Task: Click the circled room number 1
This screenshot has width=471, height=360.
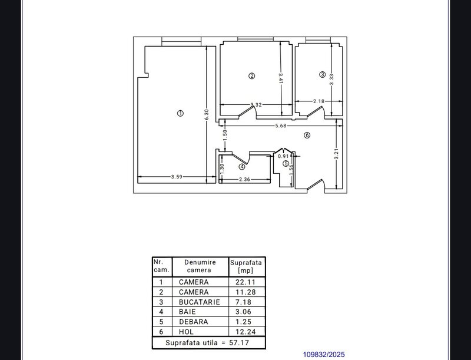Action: [180, 113]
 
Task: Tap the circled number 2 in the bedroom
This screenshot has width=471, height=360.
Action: [251, 75]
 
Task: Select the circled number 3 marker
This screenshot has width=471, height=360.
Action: [322, 74]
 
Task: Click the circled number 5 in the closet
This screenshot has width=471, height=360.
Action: [286, 164]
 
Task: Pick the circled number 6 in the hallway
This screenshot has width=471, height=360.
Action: [307, 135]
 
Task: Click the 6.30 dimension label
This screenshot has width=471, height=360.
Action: [206, 114]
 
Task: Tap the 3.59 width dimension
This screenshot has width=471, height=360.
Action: [176, 177]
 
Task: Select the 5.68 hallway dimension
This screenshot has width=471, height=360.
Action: [281, 125]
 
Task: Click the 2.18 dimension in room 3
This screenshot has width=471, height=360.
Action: [319, 101]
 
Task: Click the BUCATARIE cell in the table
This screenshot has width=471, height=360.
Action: [200, 302]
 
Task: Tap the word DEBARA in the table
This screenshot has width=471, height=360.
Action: [194, 322]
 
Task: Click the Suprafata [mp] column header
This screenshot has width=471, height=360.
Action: [247, 266]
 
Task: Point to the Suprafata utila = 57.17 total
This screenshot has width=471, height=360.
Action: [209, 342]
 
